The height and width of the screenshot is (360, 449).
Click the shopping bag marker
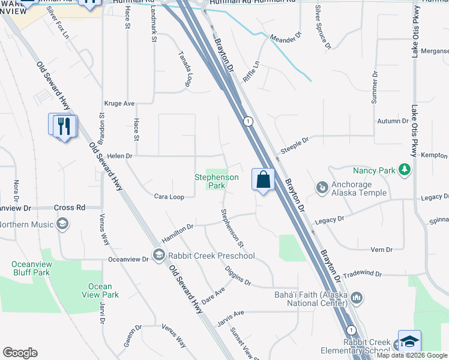pyautogui.click(x=264, y=179)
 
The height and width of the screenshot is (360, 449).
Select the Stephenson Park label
pyautogui.click(x=216, y=181)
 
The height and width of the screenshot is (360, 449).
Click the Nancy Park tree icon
pyautogui.click(x=406, y=170)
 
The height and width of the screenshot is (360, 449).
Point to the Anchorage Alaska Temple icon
pyautogui.click(x=322, y=188)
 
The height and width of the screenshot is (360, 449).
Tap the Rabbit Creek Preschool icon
pyautogui.click(x=158, y=256)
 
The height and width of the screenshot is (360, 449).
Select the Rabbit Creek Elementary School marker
pyautogui.click(x=409, y=341)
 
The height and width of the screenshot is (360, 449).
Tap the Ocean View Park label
pyautogui.click(x=100, y=290)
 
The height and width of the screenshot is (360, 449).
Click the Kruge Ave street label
pyautogui.click(x=119, y=103)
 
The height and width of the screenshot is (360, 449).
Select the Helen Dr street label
pyautogui.click(x=119, y=156)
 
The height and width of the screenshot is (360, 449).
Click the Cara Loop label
pyautogui.click(x=169, y=196)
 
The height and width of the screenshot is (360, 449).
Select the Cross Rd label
pyautogui.click(x=69, y=208)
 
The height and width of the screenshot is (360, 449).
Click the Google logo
pyautogui.click(x=20, y=353)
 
